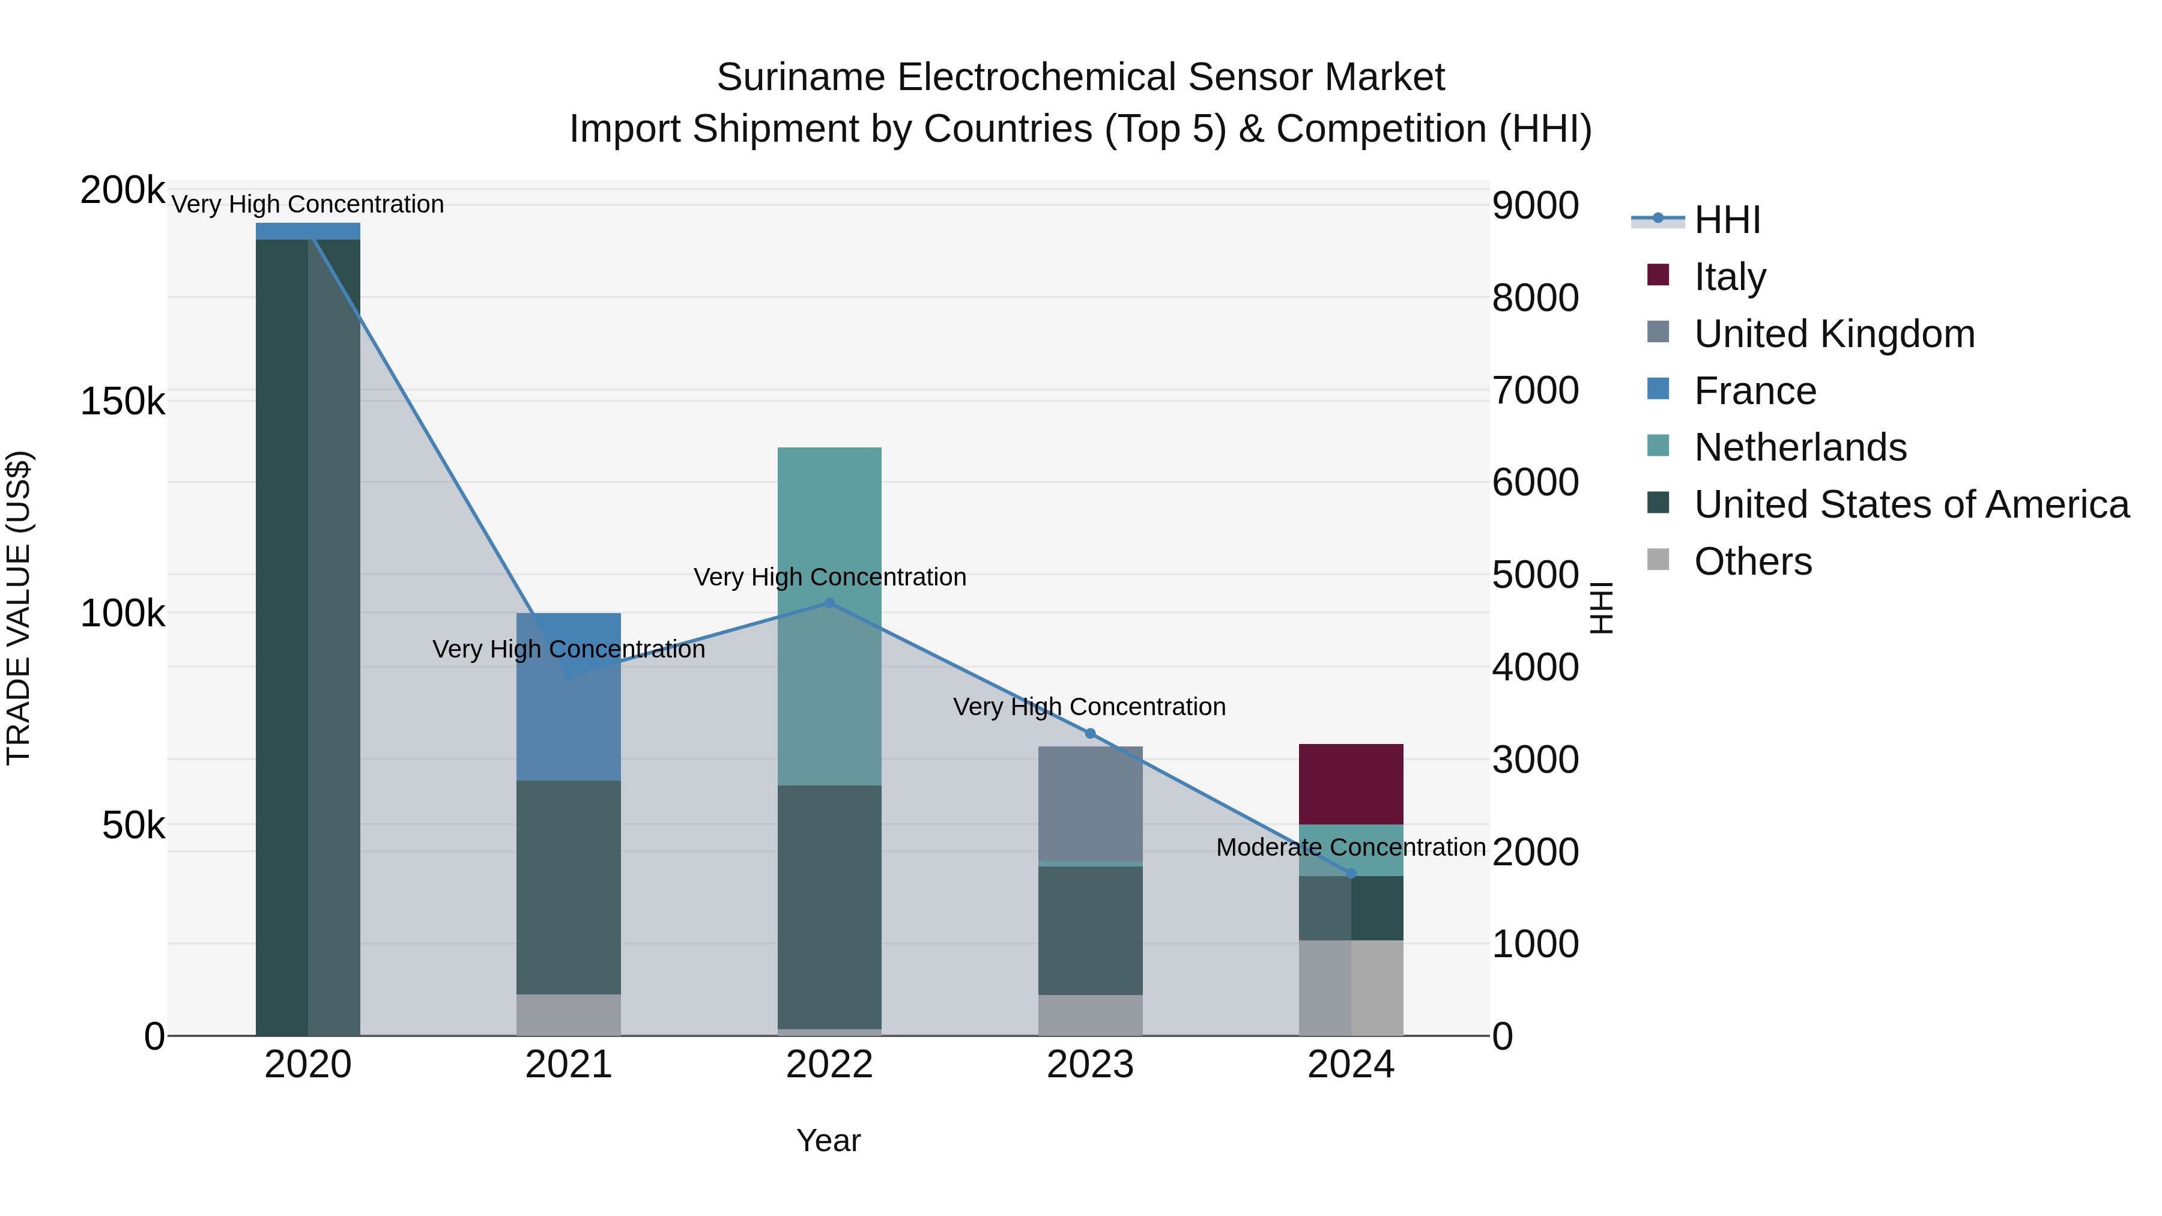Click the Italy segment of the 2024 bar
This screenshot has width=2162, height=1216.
point(1351,784)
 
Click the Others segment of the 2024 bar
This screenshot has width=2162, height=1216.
point(1351,988)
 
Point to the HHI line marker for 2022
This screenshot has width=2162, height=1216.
point(829,602)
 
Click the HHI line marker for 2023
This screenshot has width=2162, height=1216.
point(1090,733)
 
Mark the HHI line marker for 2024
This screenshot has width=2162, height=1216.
point(1351,874)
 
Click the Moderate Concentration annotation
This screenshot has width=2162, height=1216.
point(1351,847)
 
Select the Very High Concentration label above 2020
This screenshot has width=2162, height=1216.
point(307,204)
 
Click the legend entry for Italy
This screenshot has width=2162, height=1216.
point(1730,276)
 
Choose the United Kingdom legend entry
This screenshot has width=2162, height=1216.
point(1834,333)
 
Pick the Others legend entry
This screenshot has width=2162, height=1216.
point(1752,561)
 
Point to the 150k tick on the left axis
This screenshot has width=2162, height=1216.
point(123,402)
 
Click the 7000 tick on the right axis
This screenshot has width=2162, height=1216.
point(1535,390)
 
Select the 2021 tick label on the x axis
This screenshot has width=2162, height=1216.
point(568,1065)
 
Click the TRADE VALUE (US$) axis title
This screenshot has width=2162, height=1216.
point(19,608)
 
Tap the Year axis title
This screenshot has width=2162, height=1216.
point(828,1140)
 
